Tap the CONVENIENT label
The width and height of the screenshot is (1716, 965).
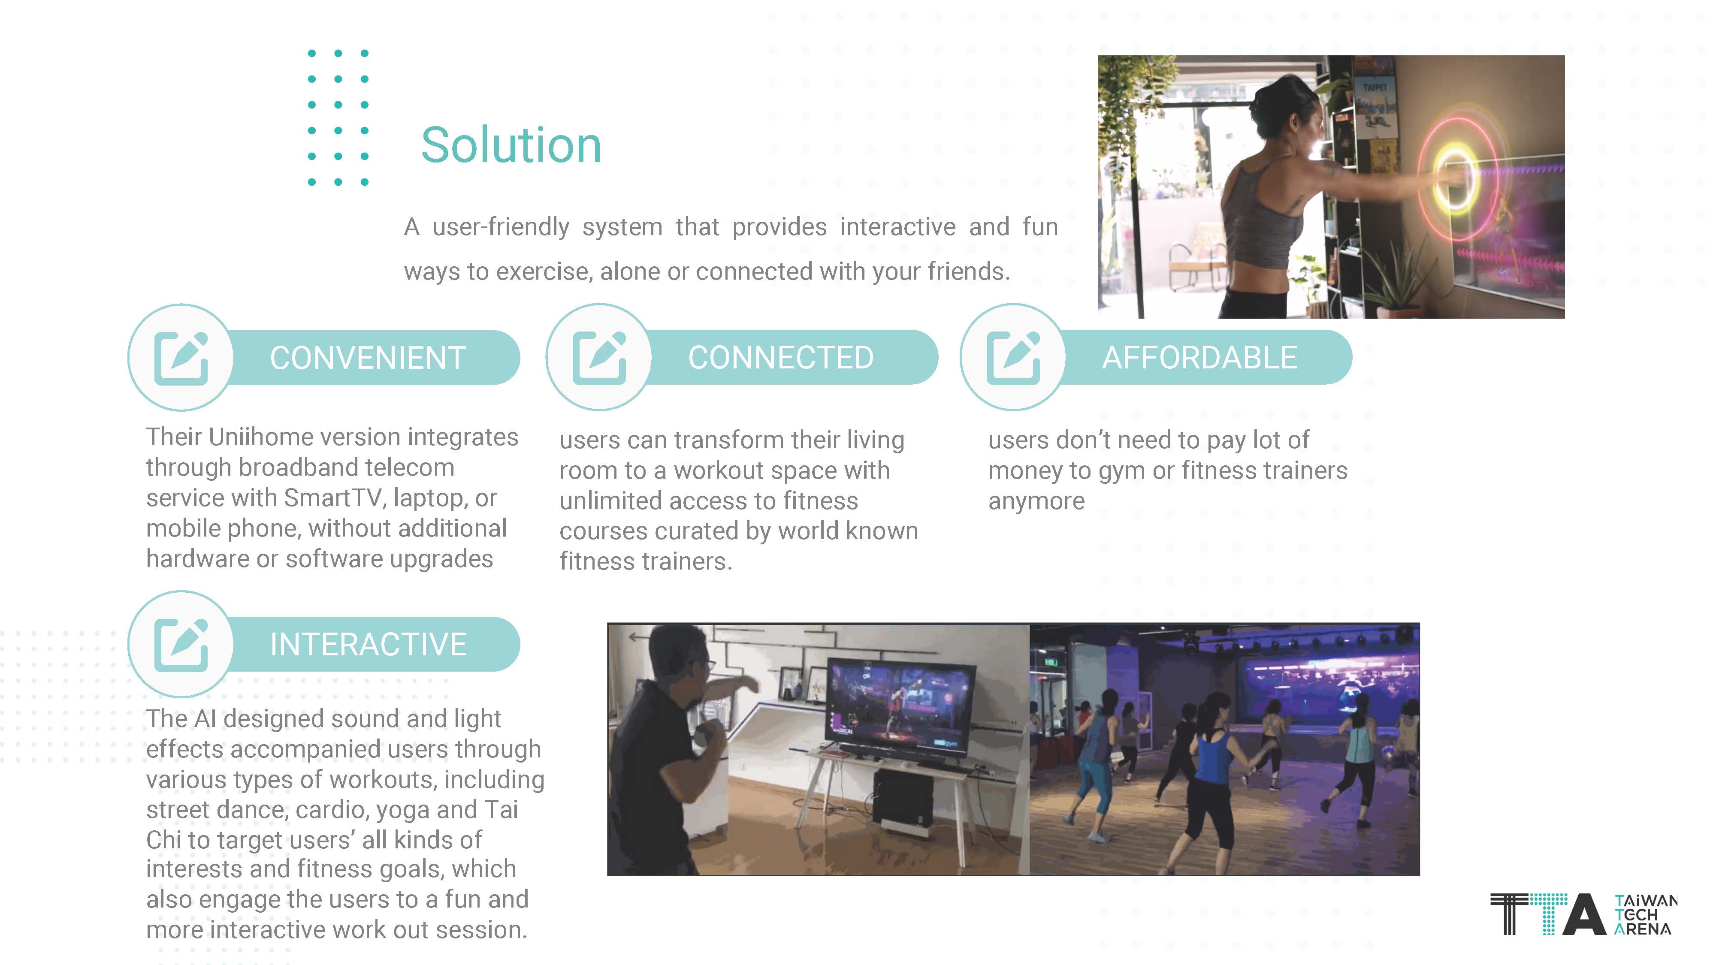click(368, 358)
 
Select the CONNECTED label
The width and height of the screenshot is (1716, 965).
click(781, 358)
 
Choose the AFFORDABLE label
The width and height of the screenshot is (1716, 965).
click(1200, 358)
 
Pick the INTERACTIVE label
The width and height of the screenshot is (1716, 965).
click(369, 644)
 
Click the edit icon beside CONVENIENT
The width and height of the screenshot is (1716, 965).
click(181, 358)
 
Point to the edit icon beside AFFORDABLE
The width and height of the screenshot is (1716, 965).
click(1013, 358)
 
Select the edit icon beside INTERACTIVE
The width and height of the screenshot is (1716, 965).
click(181, 645)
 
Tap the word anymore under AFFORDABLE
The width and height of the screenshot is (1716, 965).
click(1036, 501)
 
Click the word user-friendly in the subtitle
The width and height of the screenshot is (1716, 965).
click(501, 227)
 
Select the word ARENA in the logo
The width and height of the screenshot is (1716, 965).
click(1643, 929)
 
